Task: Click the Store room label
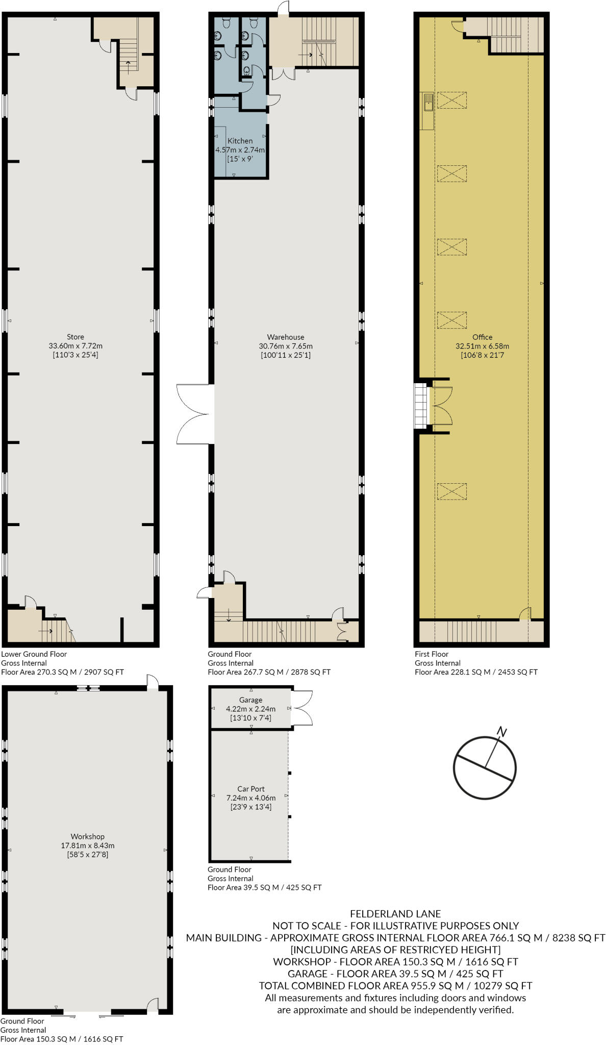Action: coord(75,337)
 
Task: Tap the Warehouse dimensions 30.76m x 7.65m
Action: coord(285,346)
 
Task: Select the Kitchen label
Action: coord(240,141)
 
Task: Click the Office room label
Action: coord(482,337)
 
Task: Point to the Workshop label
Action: coord(87,836)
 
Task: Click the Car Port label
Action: coord(250,788)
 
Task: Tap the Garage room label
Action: coord(250,700)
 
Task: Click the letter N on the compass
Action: coord(502,732)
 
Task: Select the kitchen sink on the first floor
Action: coord(427,102)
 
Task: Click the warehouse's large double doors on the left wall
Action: coord(194,414)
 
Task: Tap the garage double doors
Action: coord(302,708)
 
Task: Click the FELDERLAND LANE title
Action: coord(395,914)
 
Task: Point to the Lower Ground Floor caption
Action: coord(34,654)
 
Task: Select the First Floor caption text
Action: coord(432,654)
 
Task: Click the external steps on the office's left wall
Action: coord(420,406)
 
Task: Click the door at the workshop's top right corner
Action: coord(152,682)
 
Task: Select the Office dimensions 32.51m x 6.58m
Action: coord(482,346)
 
